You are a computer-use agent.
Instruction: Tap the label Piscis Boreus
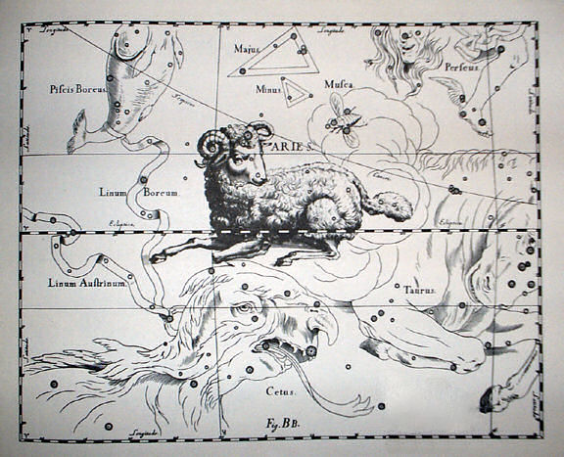click(x=76, y=89)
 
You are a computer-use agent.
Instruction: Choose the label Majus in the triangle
click(x=247, y=47)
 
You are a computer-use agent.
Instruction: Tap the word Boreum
click(x=163, y=194)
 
